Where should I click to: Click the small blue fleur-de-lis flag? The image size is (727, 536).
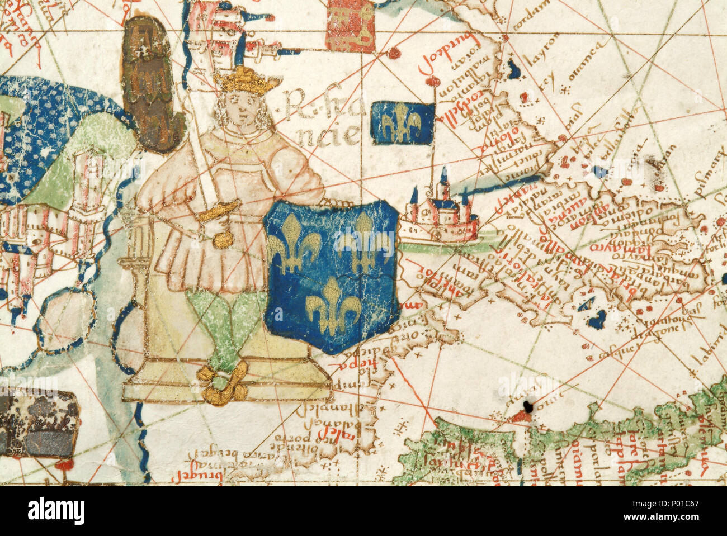pos(402,121)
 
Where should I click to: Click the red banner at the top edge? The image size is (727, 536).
pos(351,26)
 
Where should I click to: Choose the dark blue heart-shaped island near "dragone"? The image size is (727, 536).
pos(596,319)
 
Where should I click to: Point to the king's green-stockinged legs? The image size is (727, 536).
pos(224,330)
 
